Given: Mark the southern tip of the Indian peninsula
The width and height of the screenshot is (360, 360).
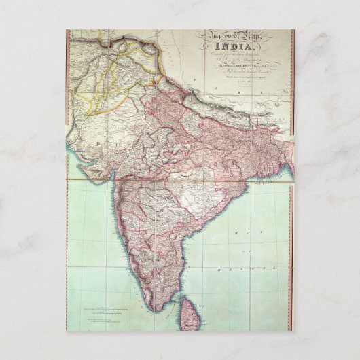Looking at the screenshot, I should pyautogui.click(x=158, y=308).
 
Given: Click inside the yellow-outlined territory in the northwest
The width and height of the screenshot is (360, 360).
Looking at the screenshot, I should pyautogui.click(x=102, y=82).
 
